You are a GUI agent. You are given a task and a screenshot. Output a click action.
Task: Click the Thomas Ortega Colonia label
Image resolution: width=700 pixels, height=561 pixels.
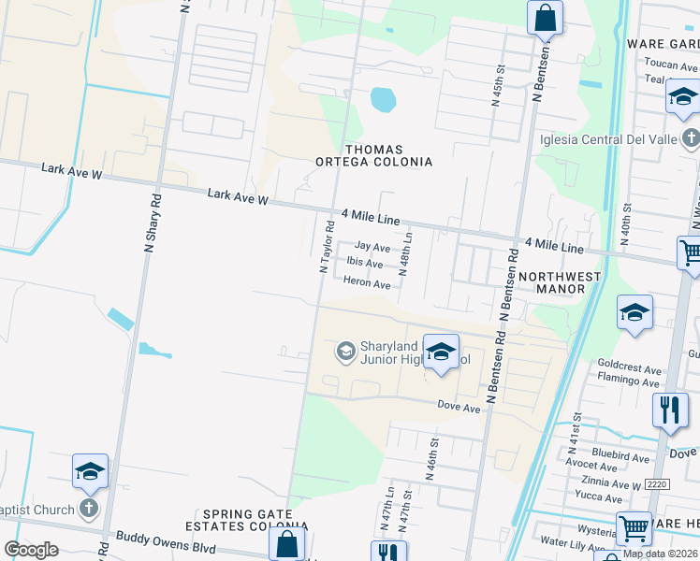[x=387, y=155]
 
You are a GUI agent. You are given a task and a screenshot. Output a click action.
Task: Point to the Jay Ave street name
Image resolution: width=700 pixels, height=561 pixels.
[x=372, y=247]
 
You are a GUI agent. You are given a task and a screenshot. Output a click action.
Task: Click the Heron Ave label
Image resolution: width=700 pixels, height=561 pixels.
[x=366, y=282]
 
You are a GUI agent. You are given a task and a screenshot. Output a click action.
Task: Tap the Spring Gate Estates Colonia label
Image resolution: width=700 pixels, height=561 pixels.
[x=255, y=522]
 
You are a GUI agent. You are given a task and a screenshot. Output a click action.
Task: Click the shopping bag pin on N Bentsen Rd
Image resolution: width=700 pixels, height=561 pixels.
[x=544, y=17]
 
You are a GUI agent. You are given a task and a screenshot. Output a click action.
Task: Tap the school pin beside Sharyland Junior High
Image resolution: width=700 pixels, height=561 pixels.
[x=440, y=352]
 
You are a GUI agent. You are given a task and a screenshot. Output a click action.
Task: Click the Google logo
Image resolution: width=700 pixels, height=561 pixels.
[x=31, y=550]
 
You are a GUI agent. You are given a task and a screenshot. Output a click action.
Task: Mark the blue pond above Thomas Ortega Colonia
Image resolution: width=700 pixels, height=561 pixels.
[x=383, y=98]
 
